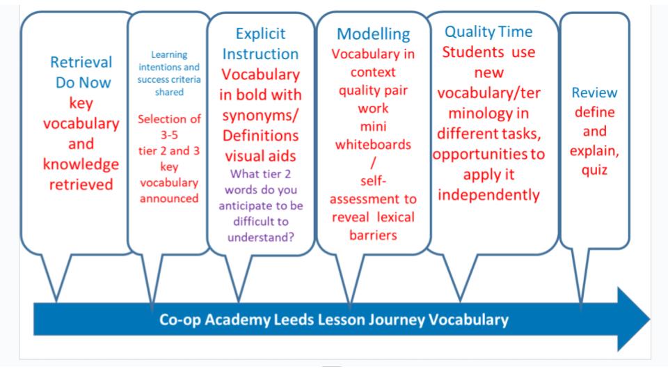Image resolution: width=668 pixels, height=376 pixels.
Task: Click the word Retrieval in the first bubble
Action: coord(81,62)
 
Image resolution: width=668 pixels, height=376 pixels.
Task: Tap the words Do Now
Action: coord(83,82)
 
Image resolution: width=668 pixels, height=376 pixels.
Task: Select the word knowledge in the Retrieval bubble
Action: coord(81,164)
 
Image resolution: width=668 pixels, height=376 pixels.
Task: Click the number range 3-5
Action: coord(169,135)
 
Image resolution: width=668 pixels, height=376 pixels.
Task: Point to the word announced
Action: coord(169,198)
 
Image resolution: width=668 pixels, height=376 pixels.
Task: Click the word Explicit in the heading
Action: coord(260,33)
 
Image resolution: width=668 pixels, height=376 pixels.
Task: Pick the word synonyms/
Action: coord(260,116)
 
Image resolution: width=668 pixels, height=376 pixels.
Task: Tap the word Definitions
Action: coord(260,136)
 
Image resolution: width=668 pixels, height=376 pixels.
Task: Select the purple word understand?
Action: coord(261,237)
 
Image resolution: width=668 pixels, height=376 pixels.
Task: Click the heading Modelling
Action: coord(373,34)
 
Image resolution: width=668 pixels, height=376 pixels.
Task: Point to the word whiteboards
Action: coord(373,145)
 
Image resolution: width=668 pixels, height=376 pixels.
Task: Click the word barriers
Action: coord(373,235)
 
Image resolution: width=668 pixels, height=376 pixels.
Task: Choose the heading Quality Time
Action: coord(488,31)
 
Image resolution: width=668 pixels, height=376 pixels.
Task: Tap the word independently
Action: coord(488,195)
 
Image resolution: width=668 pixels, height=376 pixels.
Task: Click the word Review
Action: coord(594,93)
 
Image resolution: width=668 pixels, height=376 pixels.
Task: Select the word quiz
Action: coord(594,170)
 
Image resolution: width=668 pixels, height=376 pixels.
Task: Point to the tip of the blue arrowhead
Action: coord(650,319)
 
